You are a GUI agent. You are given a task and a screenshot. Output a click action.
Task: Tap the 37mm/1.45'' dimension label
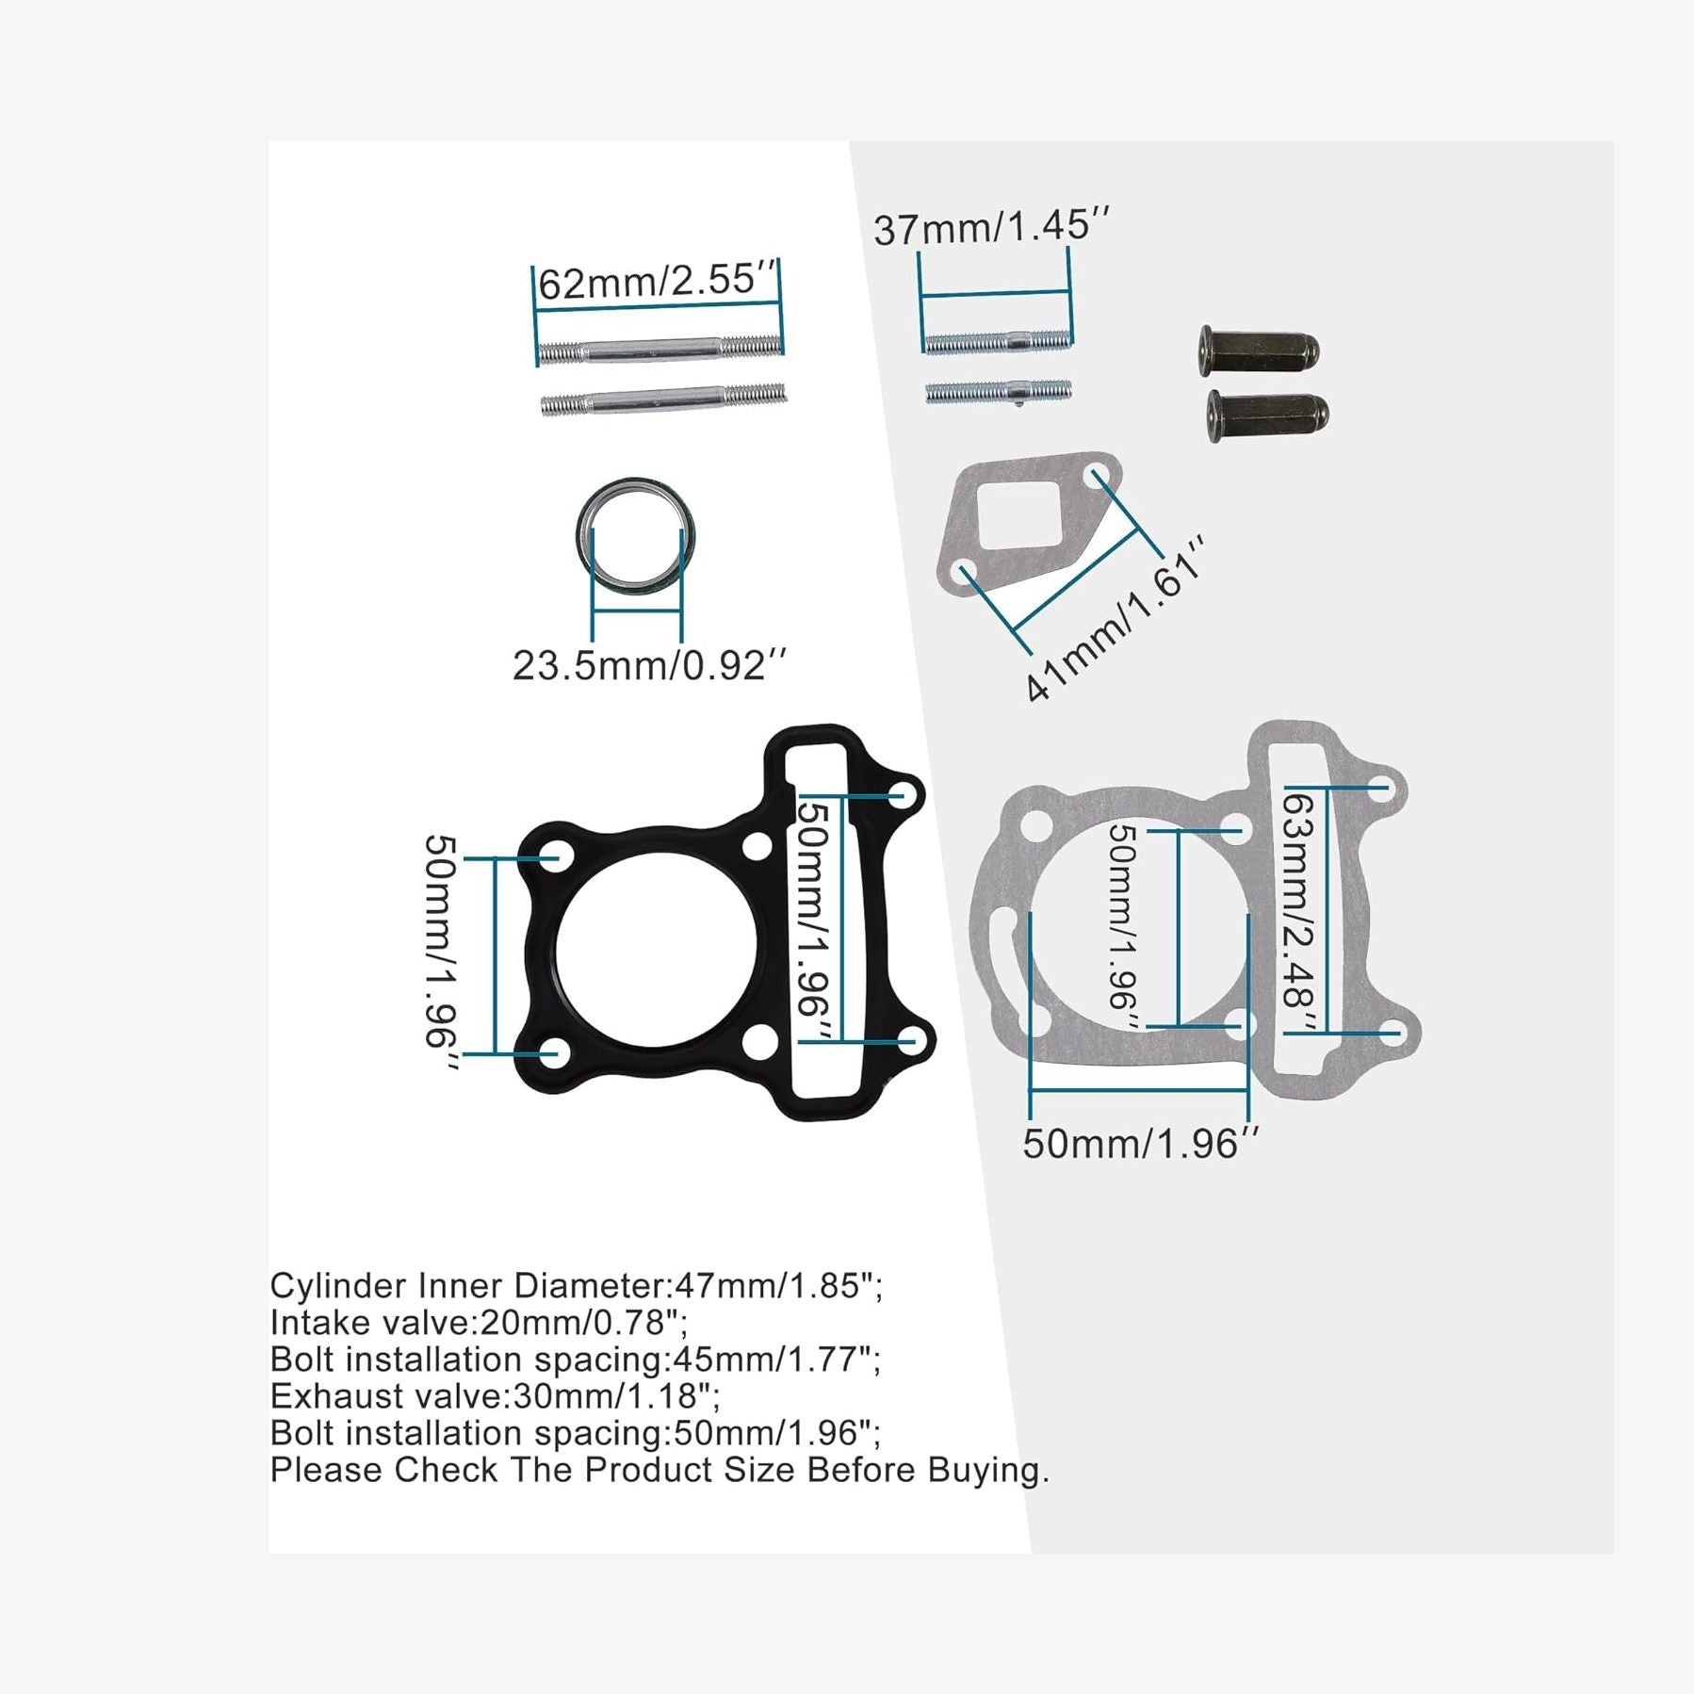tap(991, 227)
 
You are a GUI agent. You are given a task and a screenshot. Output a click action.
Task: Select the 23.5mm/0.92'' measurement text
tap(648, 666)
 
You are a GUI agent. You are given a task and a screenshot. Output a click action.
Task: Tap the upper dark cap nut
tap(1259, 350)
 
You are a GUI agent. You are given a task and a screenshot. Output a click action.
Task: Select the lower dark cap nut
tap(1267, 415)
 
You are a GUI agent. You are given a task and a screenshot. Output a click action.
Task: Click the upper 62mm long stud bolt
tap(660, 350)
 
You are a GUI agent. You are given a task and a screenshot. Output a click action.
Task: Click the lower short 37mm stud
tap(998, 391)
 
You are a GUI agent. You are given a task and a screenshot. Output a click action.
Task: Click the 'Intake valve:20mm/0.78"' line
tap(478, 1323)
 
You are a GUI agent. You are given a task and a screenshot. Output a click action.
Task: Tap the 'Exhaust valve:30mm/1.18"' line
tap(495, 1396)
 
